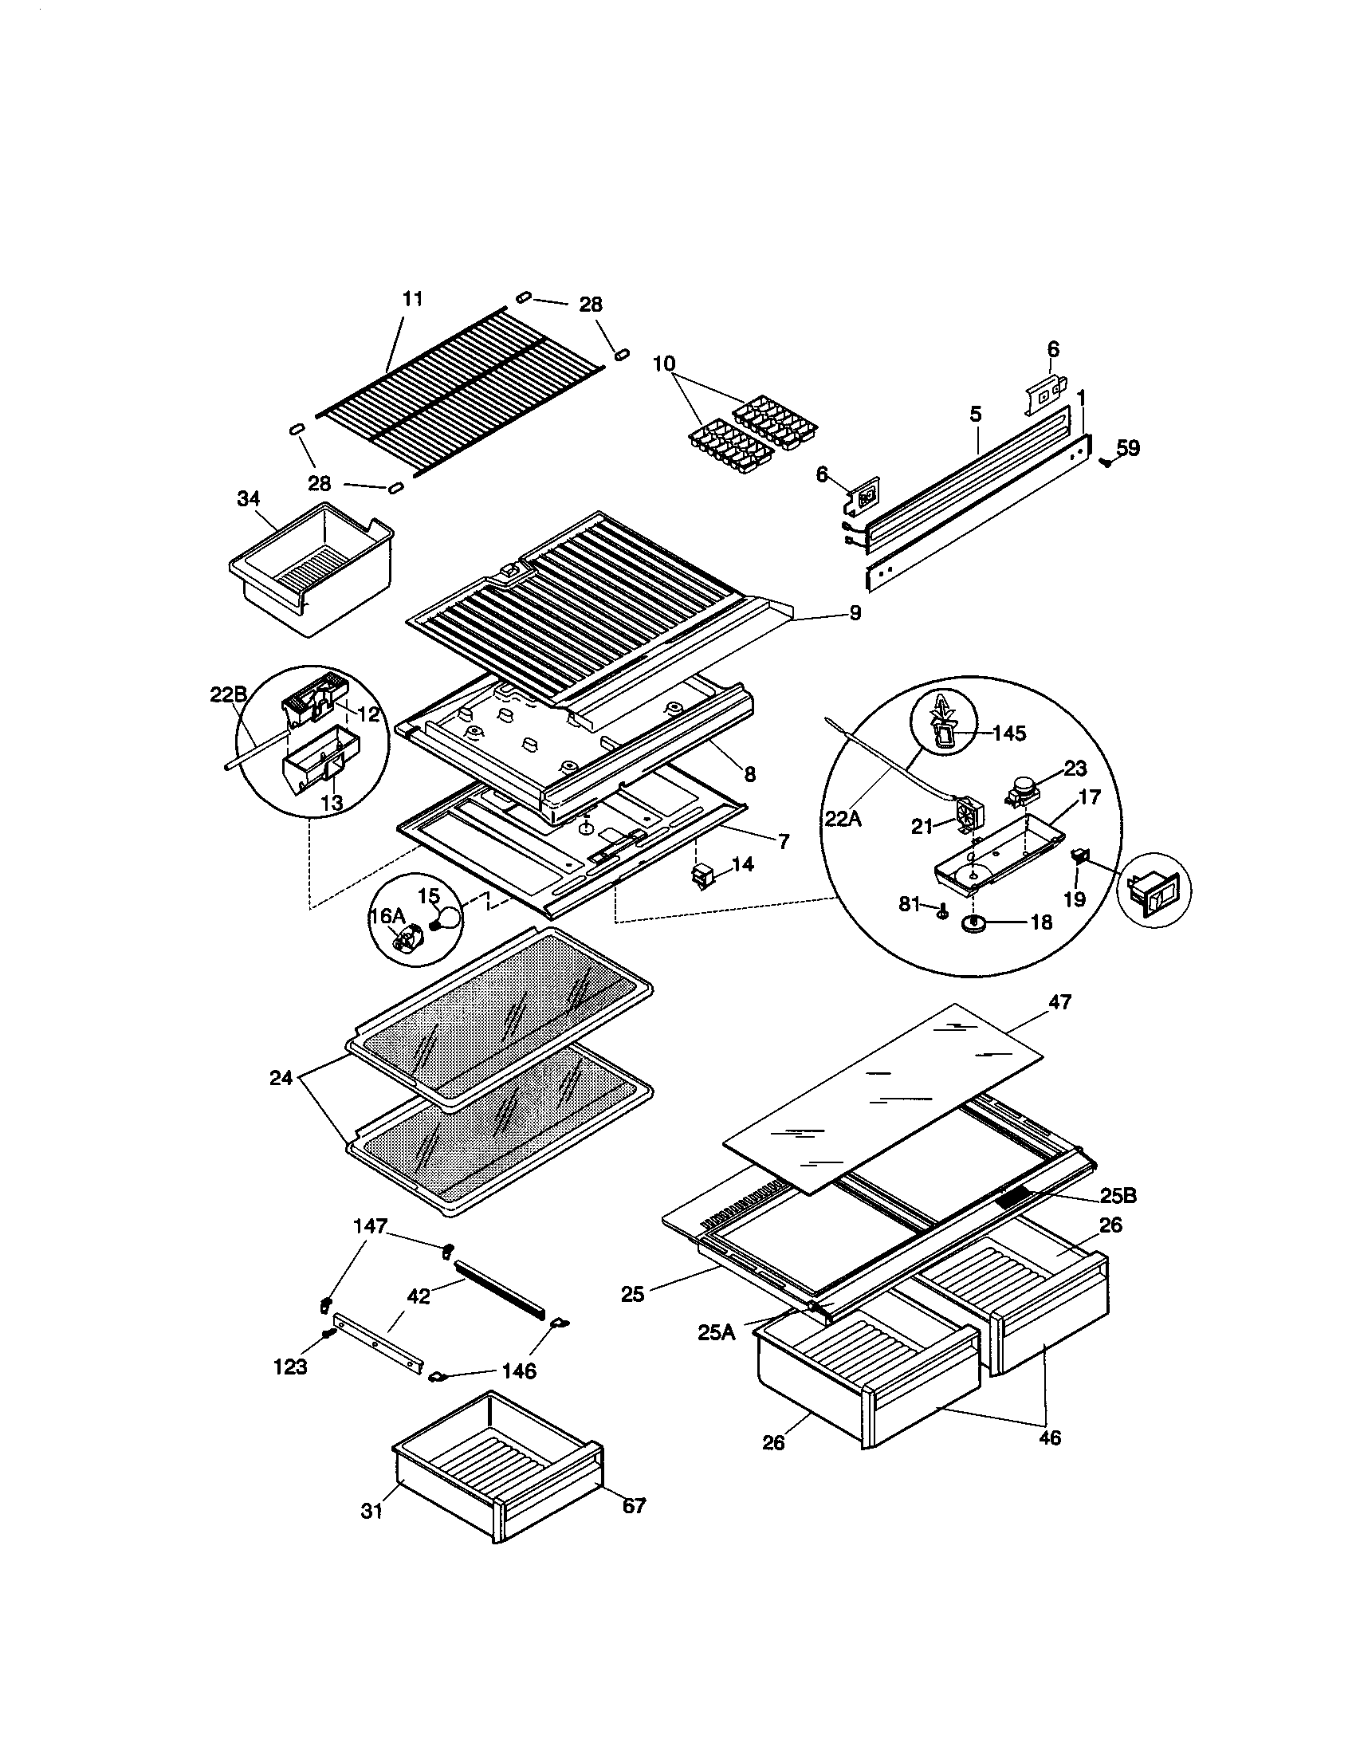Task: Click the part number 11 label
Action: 412,299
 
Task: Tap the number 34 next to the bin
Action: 248,499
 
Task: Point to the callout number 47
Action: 1059,1002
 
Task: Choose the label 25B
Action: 1118,1218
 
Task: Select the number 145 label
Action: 1009,733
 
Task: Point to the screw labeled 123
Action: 328,1334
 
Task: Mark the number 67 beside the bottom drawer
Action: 635,1506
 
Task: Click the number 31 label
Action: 371,1511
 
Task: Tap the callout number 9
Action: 855,613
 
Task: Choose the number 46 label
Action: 1049,1437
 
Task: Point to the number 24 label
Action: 281,1079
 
